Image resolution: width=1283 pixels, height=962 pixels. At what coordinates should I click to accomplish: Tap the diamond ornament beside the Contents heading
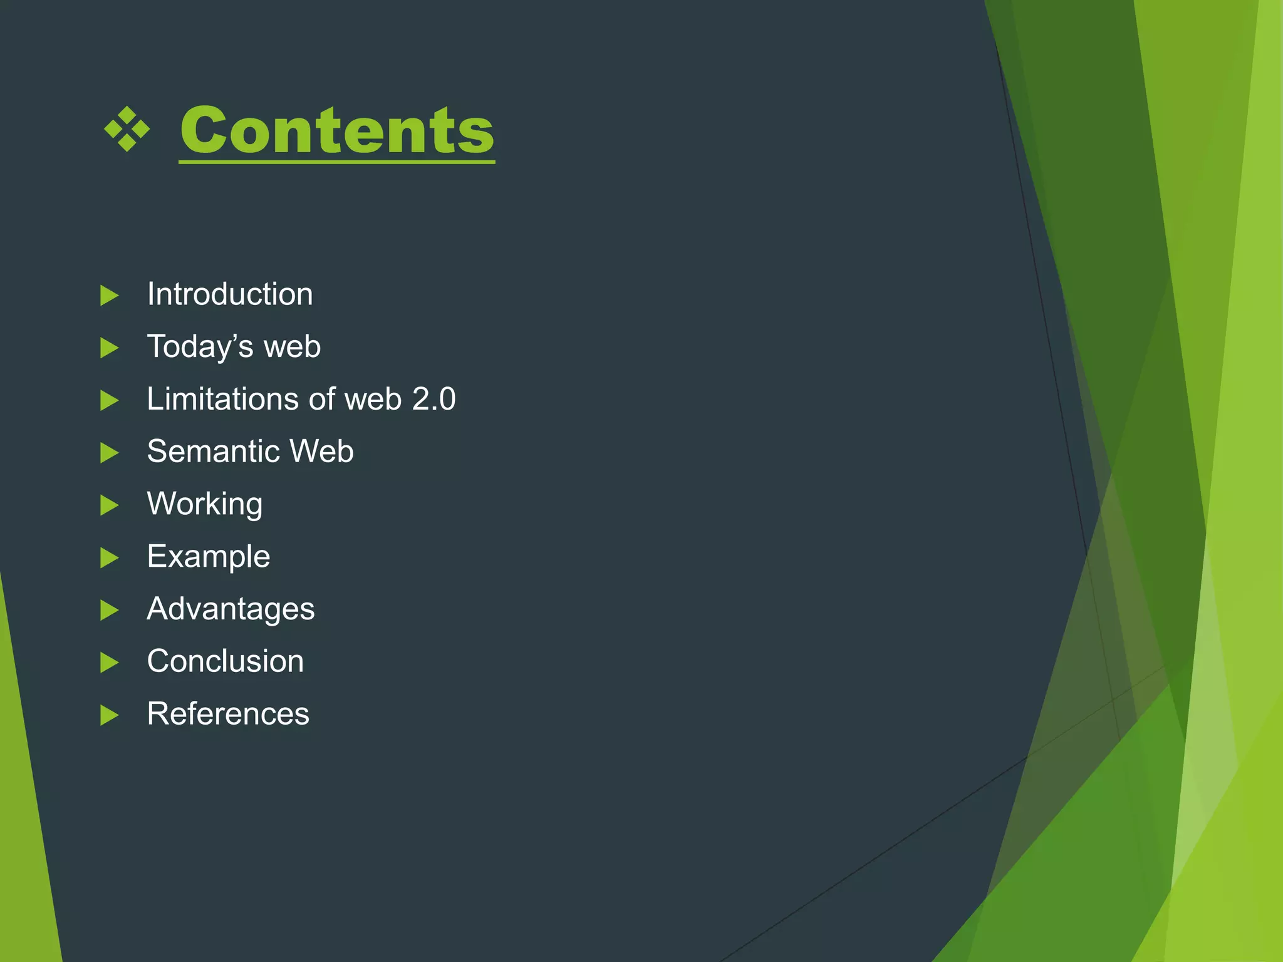click(x=127, y=129)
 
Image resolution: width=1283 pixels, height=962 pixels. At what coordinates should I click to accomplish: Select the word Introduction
click(x=230, y=294)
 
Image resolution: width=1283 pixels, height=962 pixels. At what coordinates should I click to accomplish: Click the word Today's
click(x=200, y=346)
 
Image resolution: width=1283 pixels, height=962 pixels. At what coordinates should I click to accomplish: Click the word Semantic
click(x=213, y=451)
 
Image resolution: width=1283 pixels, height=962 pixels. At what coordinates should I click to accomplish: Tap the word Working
click(x=205, y=504)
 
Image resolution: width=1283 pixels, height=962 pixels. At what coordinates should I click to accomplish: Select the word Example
click(x=209, y=556)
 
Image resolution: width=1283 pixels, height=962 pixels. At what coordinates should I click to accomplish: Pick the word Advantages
click(x=231, y=609)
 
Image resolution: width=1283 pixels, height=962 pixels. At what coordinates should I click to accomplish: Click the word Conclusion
click(x=226, y=661)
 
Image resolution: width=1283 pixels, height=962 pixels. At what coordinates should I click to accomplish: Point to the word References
click(x=228, y=713)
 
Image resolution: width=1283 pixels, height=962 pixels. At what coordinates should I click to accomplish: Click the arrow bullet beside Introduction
click(x=110, y=296)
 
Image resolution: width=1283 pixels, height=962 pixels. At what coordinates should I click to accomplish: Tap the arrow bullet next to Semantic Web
click(x=110, y=453)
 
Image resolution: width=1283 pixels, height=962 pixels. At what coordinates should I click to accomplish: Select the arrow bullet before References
click(x=110, y=715)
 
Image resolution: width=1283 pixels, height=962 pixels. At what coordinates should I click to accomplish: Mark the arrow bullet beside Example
click(x=110, y=557)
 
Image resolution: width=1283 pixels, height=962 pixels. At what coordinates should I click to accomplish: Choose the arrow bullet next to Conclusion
click(x=110, y=663)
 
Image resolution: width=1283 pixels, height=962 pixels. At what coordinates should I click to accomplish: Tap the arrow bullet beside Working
click(x=110, y=505)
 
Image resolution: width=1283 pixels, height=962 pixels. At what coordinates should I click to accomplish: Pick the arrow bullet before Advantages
click(x=110, y=610)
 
